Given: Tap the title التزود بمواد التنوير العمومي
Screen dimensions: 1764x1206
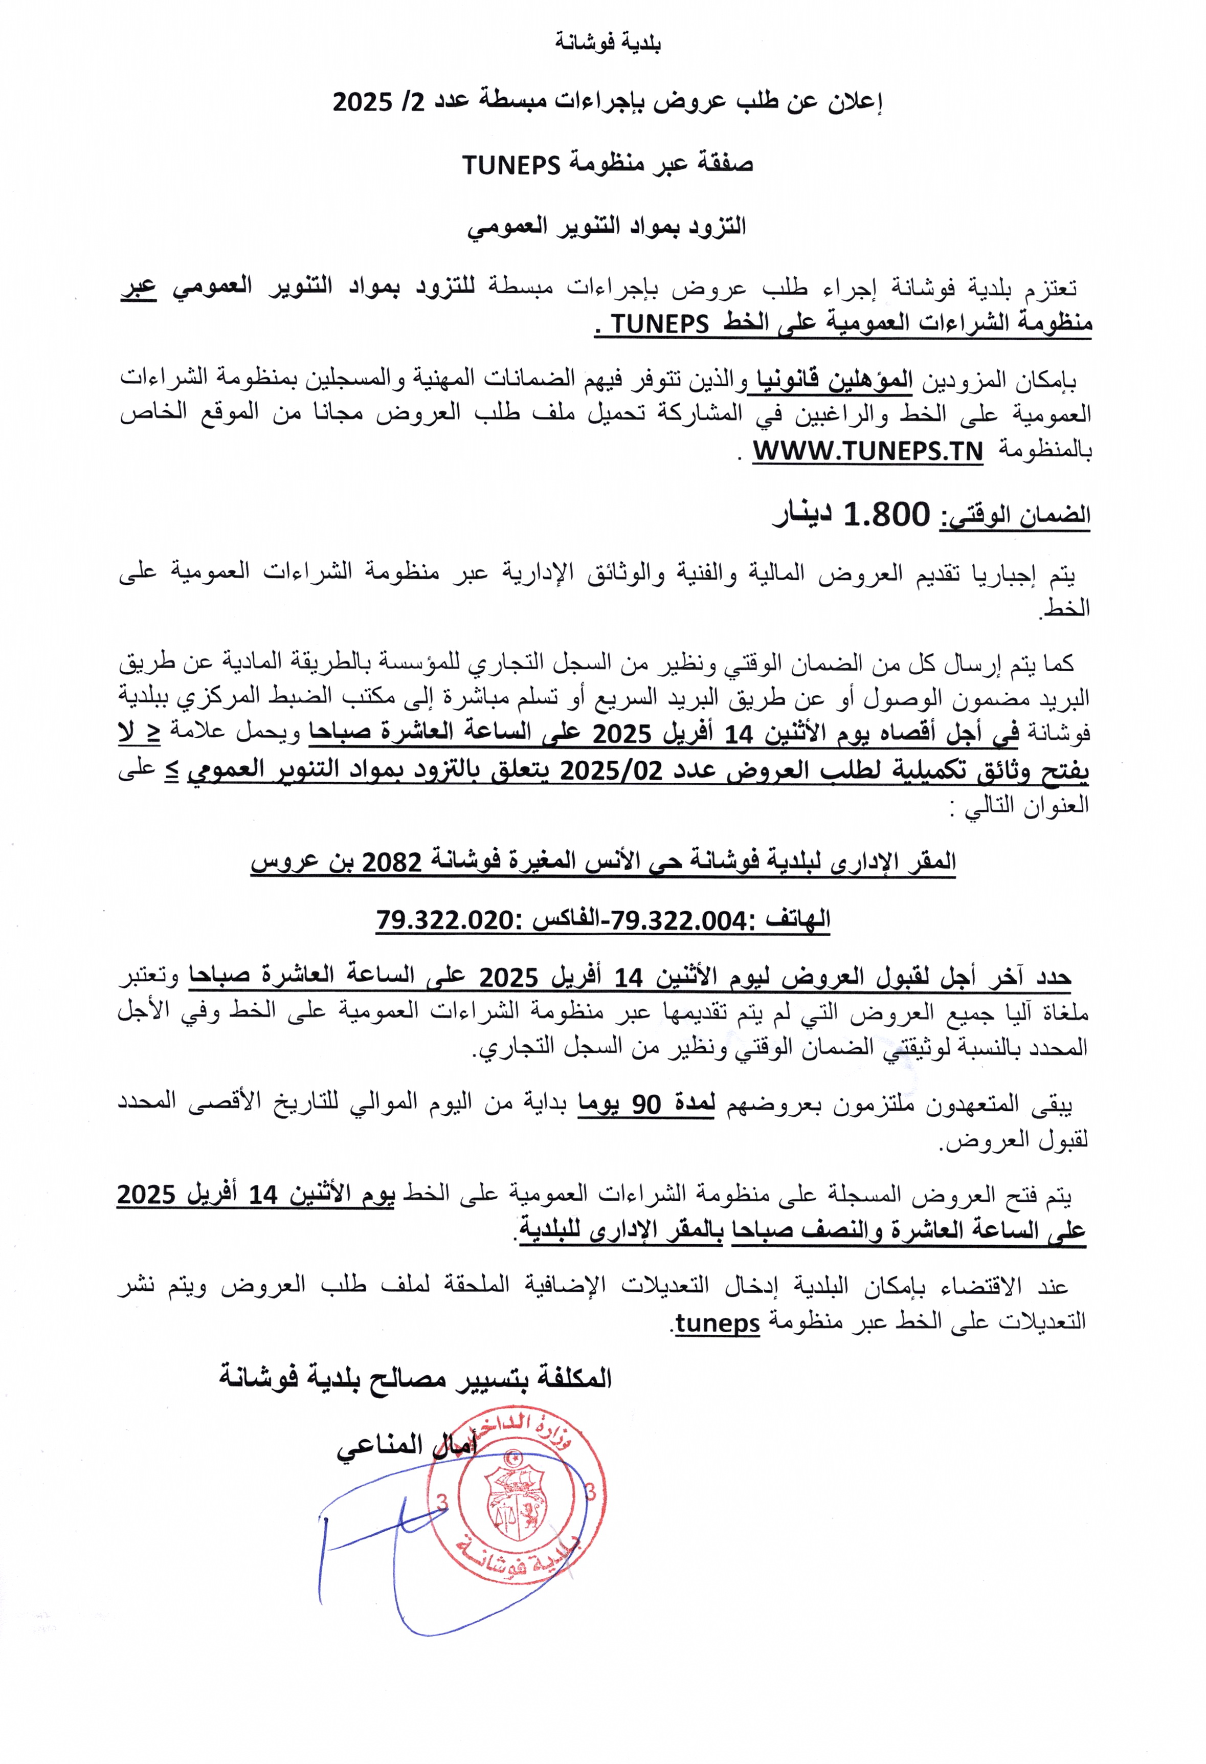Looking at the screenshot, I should (x=607, y=226).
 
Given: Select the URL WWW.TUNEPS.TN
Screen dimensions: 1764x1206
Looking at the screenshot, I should (x=867, y=452).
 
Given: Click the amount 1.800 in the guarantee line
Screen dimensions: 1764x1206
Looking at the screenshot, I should (x=886, y=515).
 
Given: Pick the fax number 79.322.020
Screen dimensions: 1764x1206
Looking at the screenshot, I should (x=445, y=921).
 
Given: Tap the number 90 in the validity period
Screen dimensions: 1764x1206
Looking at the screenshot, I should (x=646, y=1105).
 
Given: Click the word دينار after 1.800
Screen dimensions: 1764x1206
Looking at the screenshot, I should (x=802, y=515).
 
